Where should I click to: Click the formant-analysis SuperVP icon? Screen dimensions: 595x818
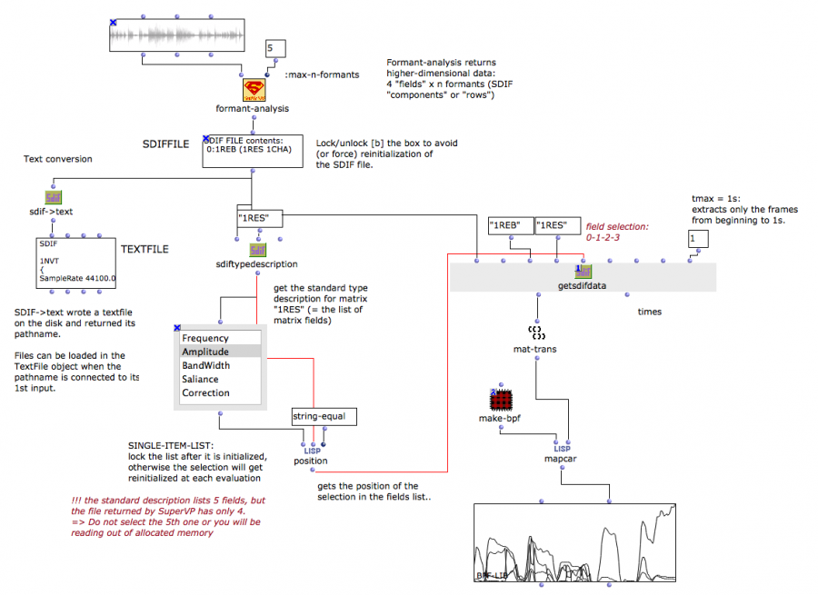point(253,89)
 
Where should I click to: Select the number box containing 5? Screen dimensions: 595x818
point(275,49)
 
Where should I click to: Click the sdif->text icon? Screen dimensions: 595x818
point(54,198)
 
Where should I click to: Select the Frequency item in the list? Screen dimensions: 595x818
point(205,338)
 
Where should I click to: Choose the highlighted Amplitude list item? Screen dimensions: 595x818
point(205,352)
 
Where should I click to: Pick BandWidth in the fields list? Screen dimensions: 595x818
point(205,365)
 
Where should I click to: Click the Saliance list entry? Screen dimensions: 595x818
point(200,379)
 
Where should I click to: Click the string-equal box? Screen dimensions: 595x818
point(324,416)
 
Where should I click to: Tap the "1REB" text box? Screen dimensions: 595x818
point(508,225)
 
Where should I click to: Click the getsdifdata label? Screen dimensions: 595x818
point(582,285)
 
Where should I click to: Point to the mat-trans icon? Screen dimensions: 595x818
point(536,332)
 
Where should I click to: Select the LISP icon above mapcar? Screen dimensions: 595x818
point(562,447)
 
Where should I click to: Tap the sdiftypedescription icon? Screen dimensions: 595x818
point(257,250)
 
